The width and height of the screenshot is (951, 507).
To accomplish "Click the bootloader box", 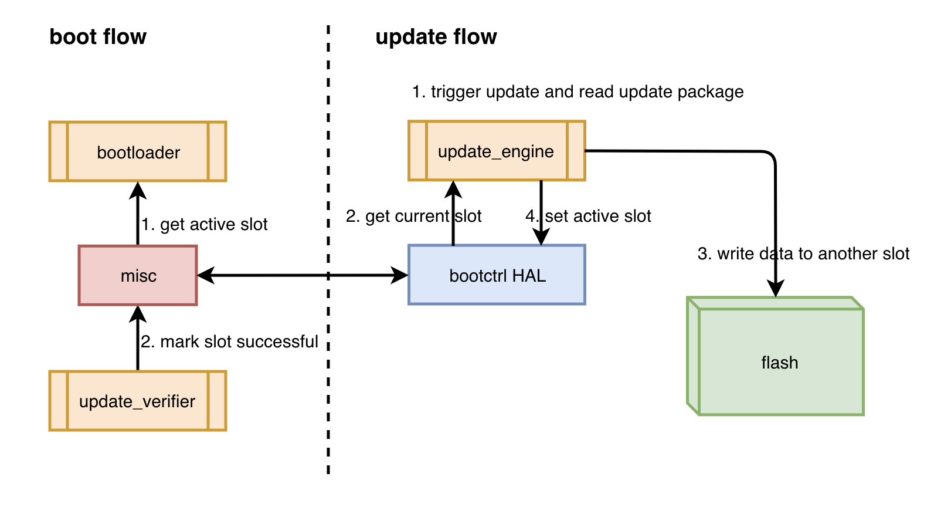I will (138, 152).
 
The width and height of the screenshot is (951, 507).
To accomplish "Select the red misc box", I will (138, 275).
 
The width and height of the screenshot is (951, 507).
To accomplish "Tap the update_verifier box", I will (138, 401).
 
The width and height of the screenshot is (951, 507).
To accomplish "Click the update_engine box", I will (496, 151).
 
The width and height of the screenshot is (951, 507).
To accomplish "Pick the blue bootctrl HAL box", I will (497, 275).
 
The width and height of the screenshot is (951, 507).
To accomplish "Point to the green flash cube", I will (779, 361).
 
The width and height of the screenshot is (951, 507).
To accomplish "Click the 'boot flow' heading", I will (98, 37).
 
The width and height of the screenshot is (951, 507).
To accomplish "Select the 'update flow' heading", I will (436, 37).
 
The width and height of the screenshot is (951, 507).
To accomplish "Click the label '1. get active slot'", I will (205, 224).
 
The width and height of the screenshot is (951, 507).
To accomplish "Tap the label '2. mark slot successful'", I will (229, 342).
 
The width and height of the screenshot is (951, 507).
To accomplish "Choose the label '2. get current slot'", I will (413, 216).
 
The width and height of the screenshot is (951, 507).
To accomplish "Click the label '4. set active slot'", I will (588, 216).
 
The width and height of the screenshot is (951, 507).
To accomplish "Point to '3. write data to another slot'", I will (803, 253).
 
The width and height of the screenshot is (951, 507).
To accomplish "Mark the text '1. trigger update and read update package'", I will (578, 92).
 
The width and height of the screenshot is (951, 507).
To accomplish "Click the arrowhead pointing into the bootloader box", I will (138, 190).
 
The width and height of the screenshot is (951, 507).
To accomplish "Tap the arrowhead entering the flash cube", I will (776, 289).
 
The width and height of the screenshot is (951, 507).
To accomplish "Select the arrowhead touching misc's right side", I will (206, 275).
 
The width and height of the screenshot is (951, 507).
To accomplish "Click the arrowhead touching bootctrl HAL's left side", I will (400, 275).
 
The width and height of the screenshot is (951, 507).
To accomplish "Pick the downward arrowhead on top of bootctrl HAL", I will (541, 236).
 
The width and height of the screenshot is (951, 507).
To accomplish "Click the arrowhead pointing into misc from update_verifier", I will (138, 314).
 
